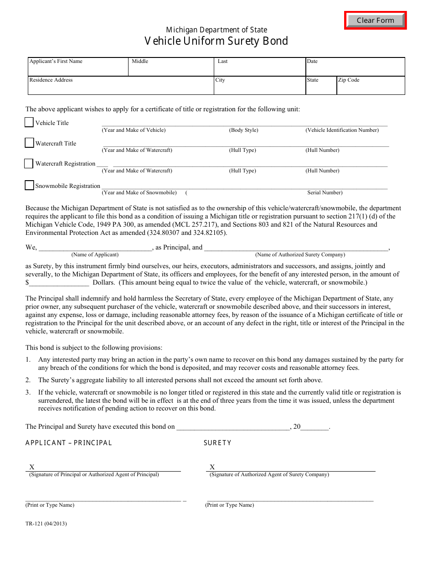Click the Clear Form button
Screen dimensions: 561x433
coord(375,21)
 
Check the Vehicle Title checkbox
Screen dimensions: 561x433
coord(29,122)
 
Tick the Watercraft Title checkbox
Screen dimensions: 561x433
coord(29,143)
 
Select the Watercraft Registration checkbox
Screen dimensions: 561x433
coord(29,163)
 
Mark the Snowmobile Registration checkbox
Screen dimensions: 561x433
coord(29,185)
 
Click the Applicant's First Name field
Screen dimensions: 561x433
coord(78,68)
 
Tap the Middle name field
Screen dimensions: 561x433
coord(171,68)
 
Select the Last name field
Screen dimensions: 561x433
coord(260,68)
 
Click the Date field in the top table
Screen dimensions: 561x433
coord(355,68)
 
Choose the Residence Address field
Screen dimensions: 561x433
coord(121,87)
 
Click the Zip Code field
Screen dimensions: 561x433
coord(371,87)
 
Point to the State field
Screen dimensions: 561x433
coord(321,87)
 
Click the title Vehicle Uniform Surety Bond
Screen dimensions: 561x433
coord(216,41)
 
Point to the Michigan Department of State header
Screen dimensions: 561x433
coord(216,30)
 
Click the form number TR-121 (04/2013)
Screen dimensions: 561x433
coord(46,524)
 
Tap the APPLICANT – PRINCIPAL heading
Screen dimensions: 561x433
coord(69,443)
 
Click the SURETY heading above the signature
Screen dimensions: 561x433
coord(217,443)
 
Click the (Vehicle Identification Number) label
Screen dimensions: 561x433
coord(342,130)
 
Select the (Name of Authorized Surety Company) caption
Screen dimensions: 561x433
coord(300,255)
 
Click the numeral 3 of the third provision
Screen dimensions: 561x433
coord(28,392)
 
